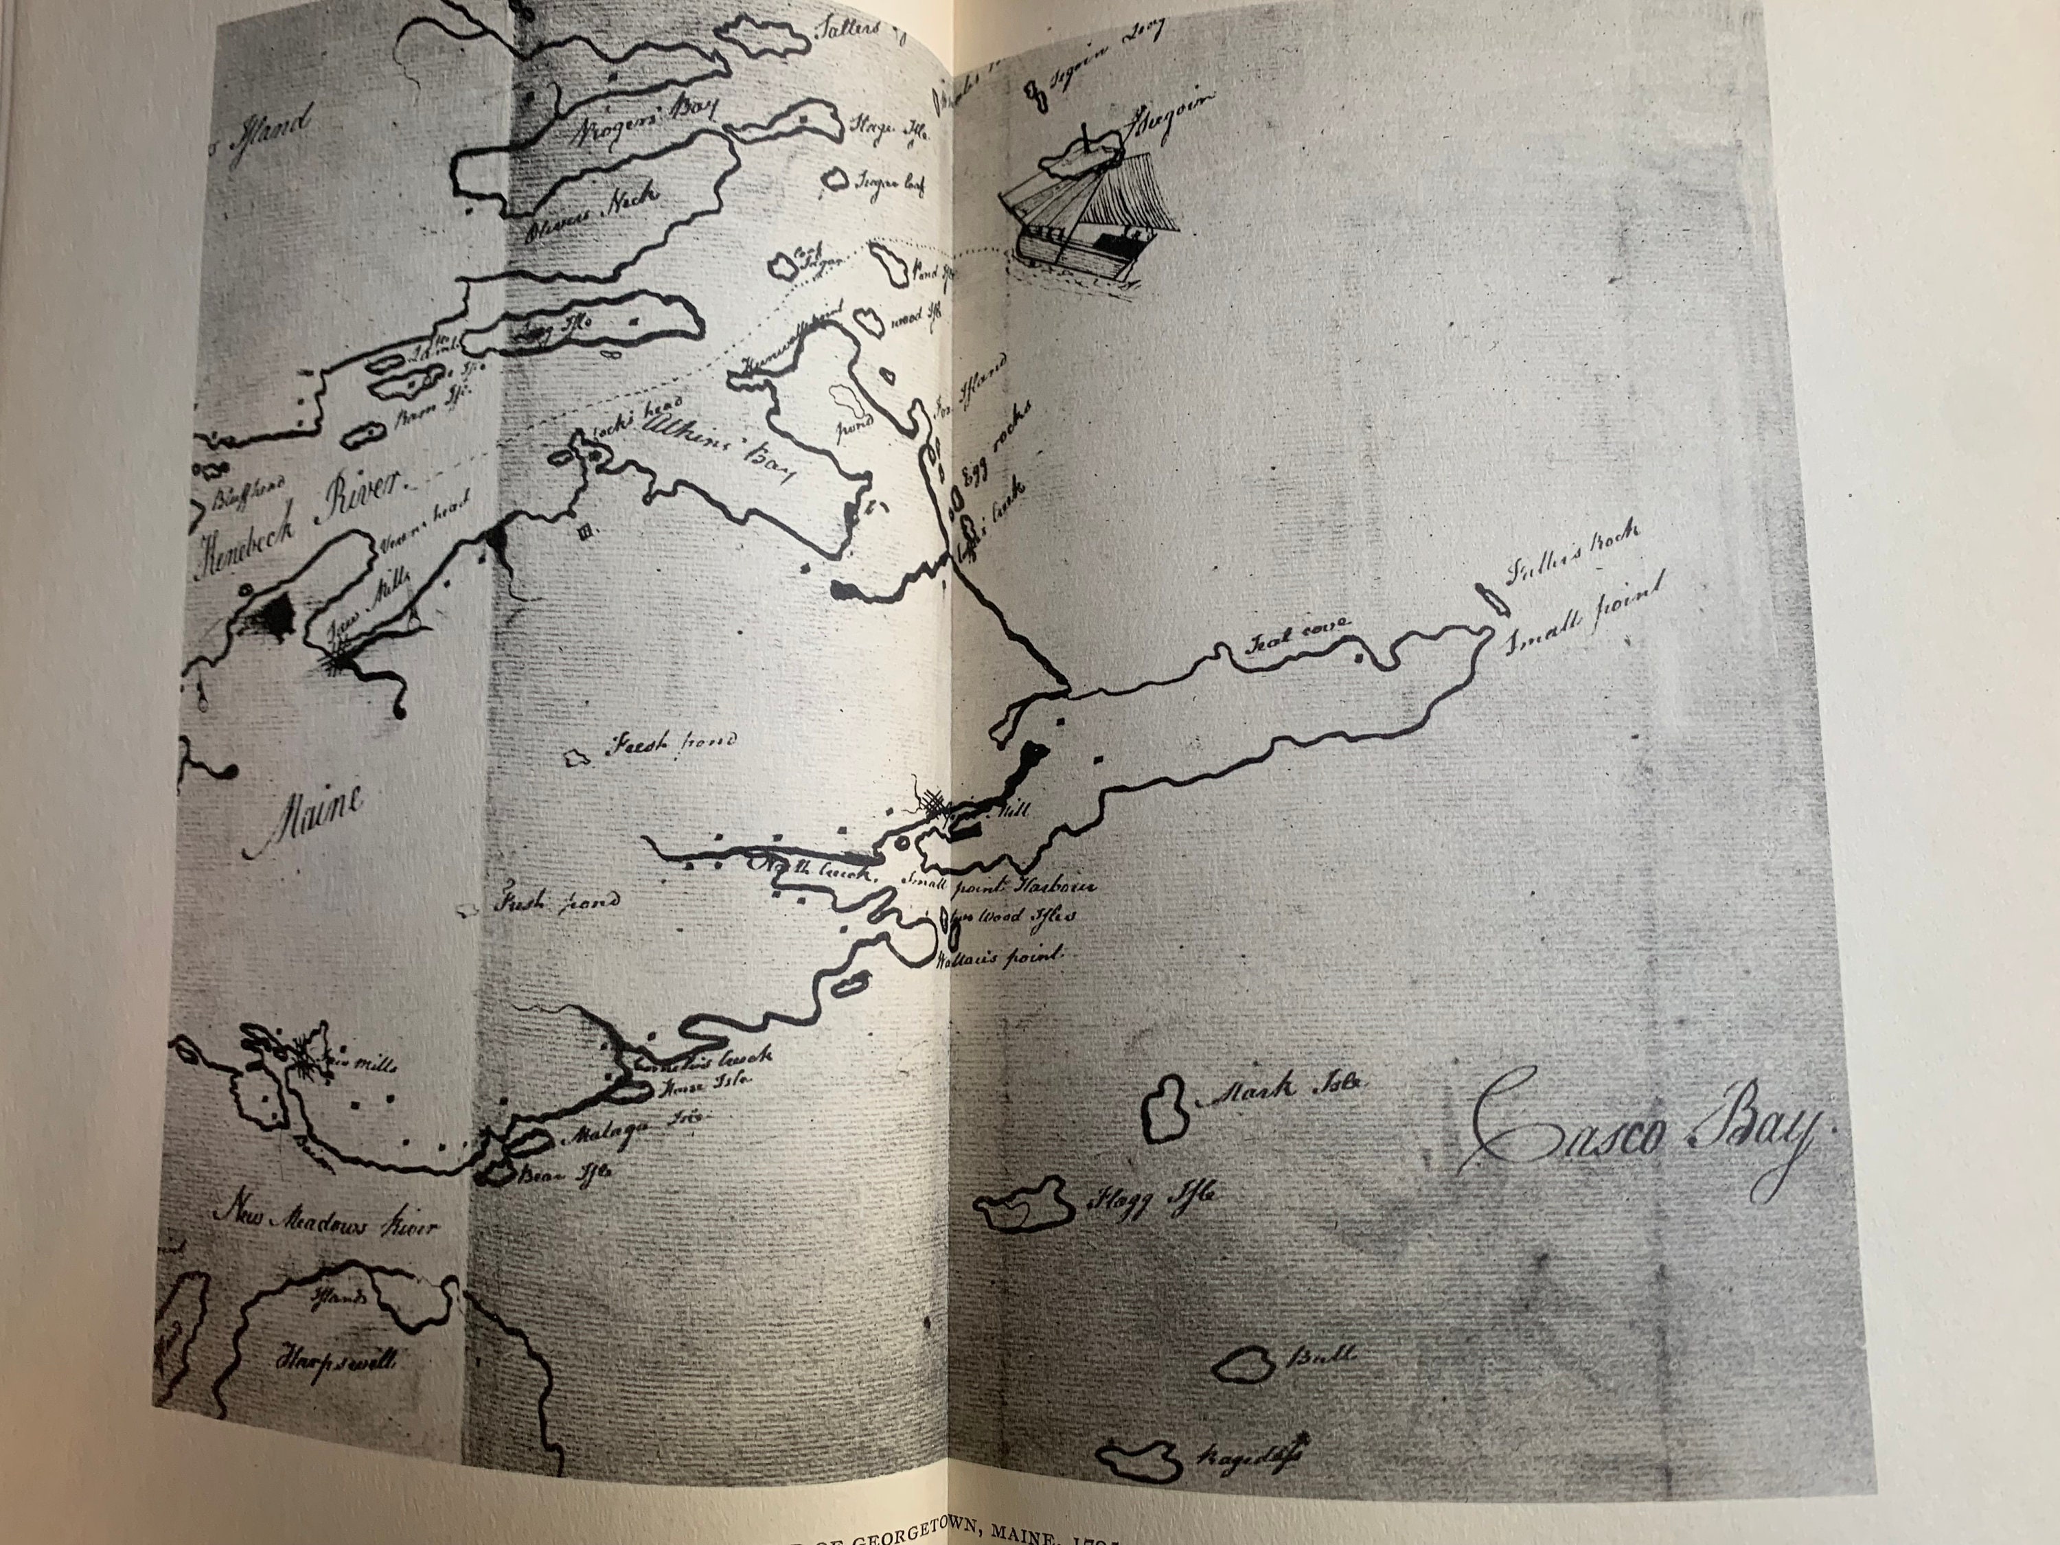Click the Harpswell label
334,1360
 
